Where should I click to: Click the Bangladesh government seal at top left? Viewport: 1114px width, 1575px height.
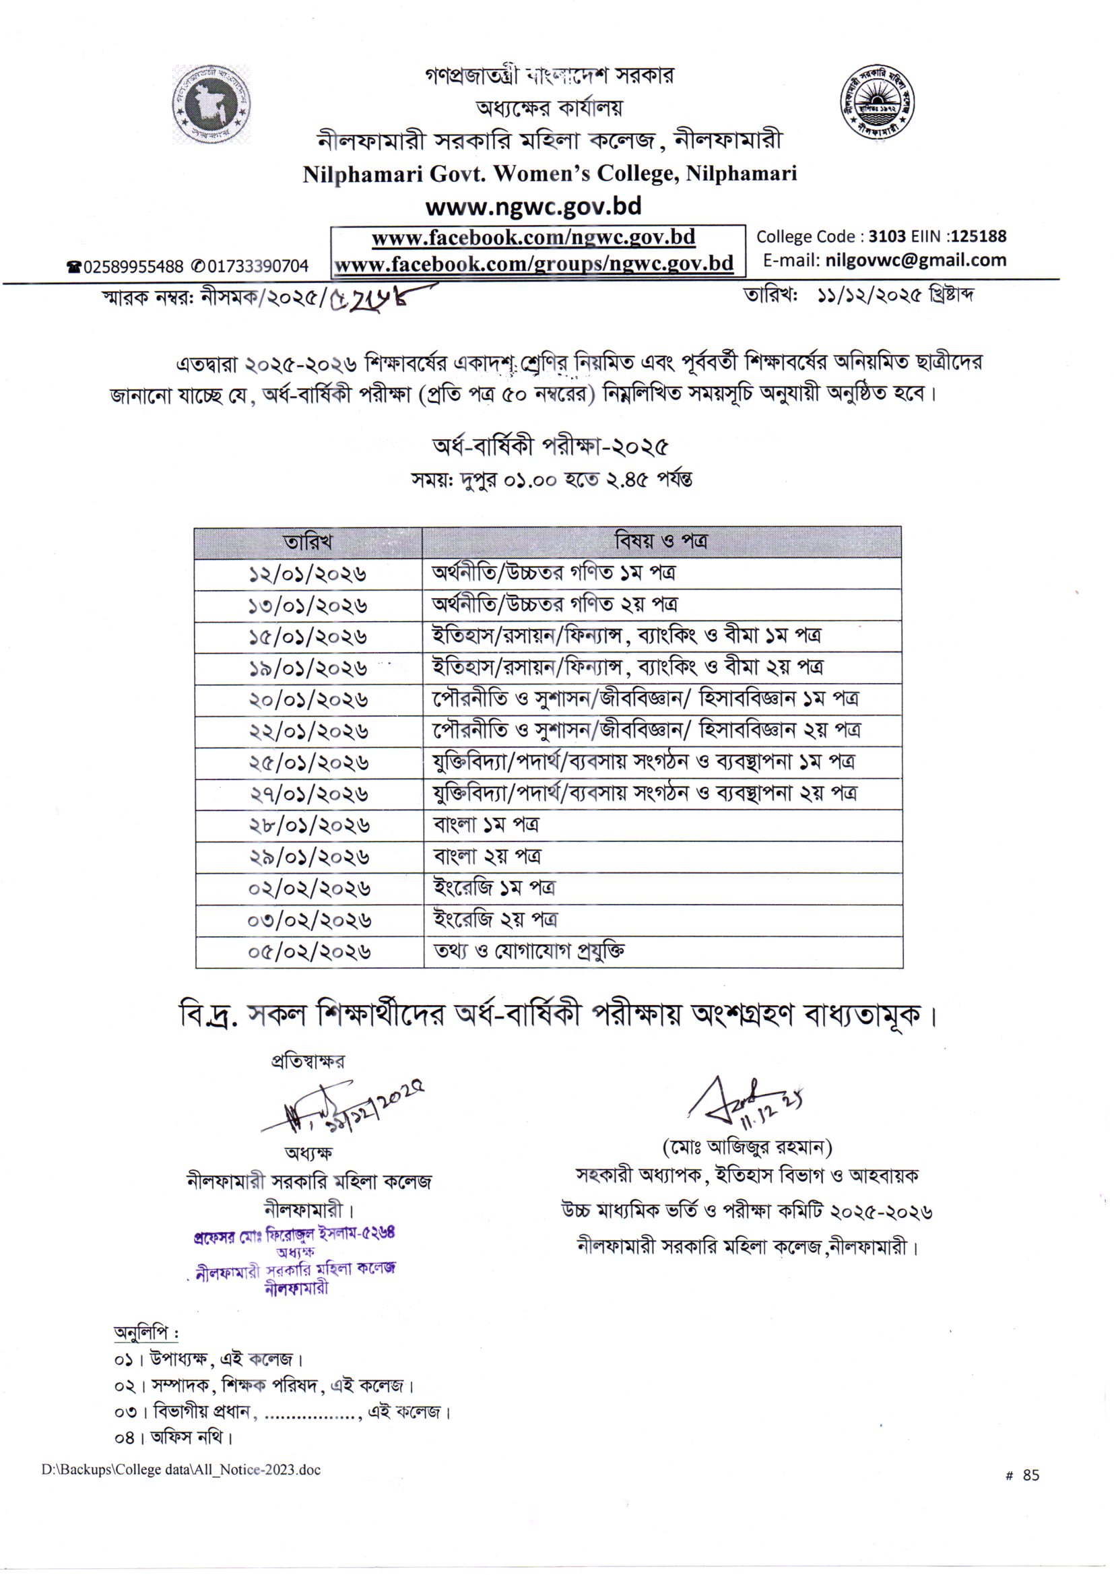(x=211, y=104)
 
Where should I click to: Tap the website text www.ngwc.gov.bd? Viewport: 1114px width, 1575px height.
(x=533, y=205)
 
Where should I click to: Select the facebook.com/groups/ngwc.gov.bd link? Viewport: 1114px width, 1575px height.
(x=533, y=264)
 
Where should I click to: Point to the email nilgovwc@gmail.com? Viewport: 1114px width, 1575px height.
(x=916, y=261)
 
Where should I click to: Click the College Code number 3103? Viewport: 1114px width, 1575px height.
(x=887, y=236)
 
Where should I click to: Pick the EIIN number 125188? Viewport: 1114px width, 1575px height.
(x=979, y=236)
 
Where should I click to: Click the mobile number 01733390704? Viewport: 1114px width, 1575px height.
(x=257, y=266)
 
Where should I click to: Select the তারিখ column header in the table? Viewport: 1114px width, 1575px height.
(x=307, y=542)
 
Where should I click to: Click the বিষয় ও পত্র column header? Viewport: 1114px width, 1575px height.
(x=661, y=541)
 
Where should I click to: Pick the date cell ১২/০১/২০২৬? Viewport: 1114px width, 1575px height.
(x=307, y=573)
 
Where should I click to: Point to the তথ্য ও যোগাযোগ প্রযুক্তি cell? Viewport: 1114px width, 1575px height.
(x=529, y=951)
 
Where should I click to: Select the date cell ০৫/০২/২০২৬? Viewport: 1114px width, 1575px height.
(x=309, y=952)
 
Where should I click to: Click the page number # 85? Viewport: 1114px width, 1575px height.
(x=1022, y=1475)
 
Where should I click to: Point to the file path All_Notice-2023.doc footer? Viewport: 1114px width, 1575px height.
(x=181, y=1470)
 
